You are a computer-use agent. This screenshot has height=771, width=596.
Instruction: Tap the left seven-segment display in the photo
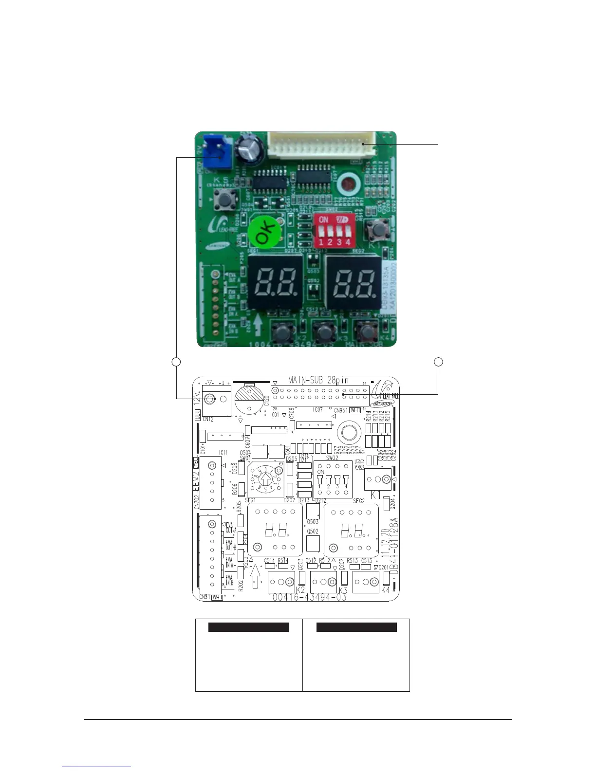[x=275, y=283]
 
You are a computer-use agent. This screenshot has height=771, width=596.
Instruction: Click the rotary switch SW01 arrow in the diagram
[x=265, y=479]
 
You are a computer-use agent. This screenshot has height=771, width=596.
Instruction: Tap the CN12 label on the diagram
[x=208, y=419]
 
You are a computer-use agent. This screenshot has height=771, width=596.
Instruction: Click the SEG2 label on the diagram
[x=359, y=501]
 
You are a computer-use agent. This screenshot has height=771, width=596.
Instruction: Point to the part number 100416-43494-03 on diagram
[x=307, y=597]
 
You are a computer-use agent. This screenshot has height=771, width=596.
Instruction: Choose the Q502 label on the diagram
[x=313, y=532]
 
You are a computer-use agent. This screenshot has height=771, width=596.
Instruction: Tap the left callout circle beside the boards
[x=176, y=361]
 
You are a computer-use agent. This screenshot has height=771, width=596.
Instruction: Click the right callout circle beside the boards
[x=438, y=361]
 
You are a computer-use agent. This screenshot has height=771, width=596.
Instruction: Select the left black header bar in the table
[x=248, y=627]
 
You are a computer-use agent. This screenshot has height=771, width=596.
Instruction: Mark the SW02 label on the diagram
[x=332, y=458]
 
